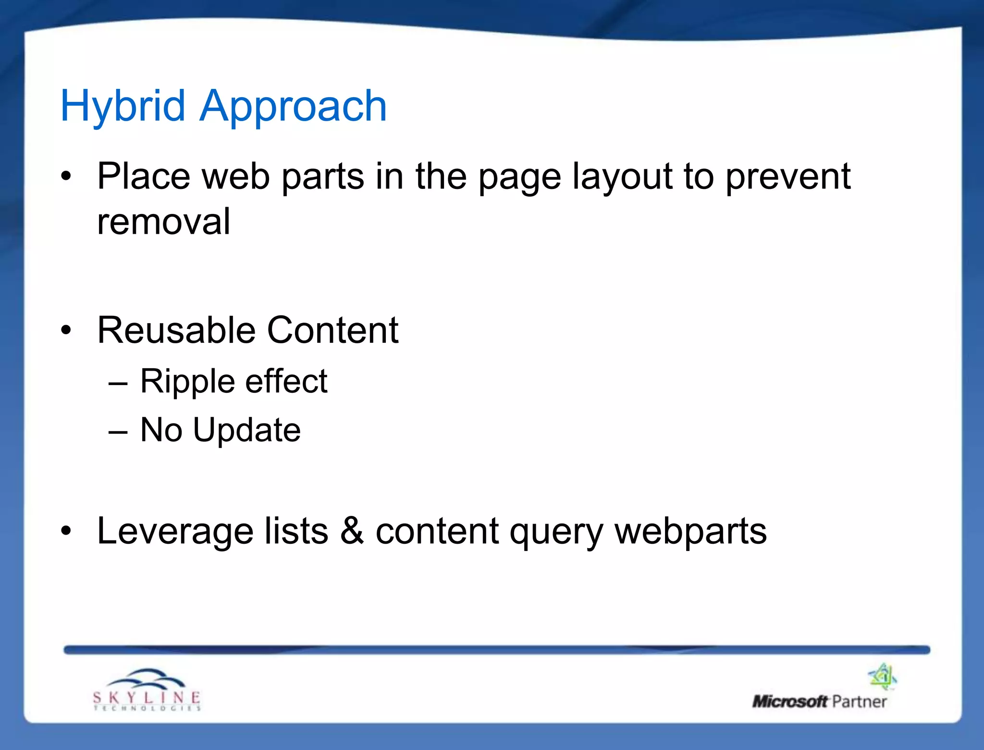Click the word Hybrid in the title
click(123, 106)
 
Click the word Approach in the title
click(293, 106)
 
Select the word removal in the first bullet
click(163, 222)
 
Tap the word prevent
click(788, 176)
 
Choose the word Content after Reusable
click(332, 331)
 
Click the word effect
click(286, 381)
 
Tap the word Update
click(246, 430)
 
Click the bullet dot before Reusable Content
click(66, 331)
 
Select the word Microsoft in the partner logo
click(789, 701)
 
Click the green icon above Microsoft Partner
click(883, 676)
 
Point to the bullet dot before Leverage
click(66, 531)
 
